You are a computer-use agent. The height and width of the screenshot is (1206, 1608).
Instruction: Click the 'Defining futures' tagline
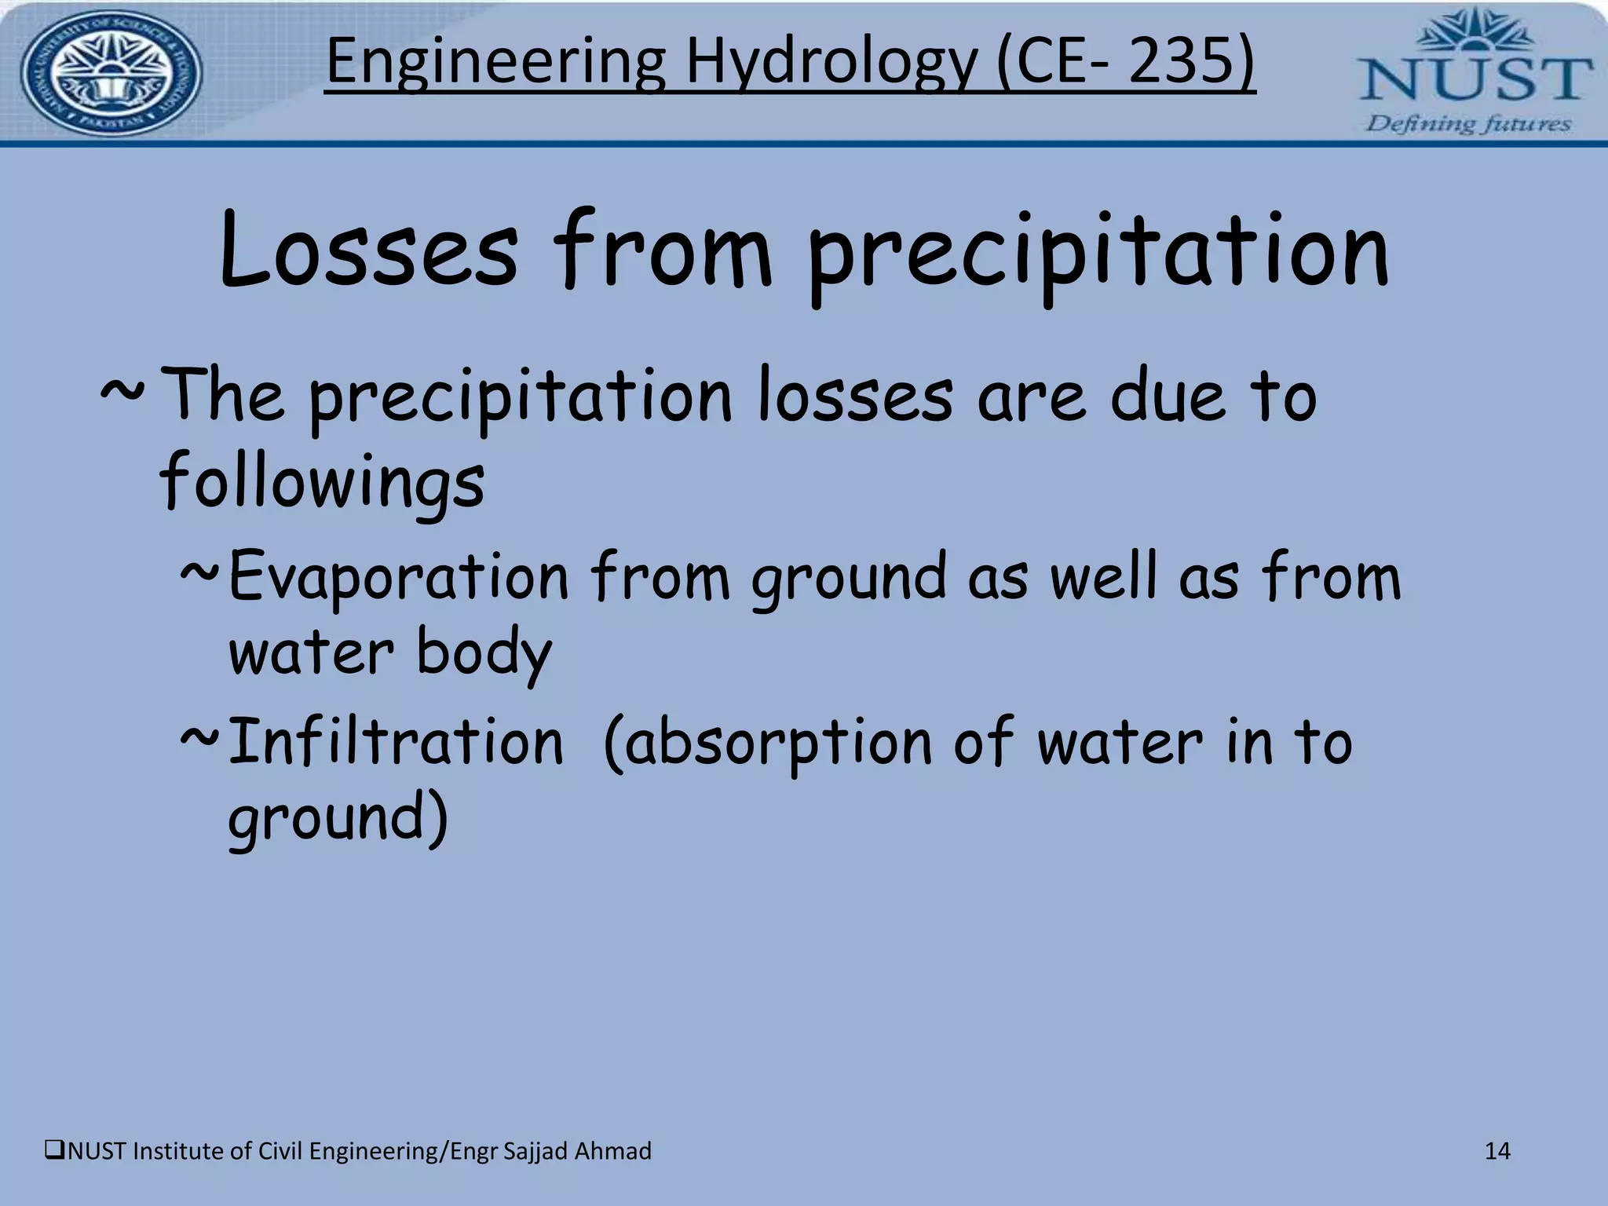[x=1469, y=124]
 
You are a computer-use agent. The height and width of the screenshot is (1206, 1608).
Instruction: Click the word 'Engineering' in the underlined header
[x=495, y=63]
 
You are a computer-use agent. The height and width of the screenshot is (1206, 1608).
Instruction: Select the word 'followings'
[x=322, y=481]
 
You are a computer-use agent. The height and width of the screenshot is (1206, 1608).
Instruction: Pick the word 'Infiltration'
[x=396, y=741]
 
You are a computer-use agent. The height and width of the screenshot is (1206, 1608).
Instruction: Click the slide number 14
[x=1497, y=1151]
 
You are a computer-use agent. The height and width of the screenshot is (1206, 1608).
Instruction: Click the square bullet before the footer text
[x=55, y=1151]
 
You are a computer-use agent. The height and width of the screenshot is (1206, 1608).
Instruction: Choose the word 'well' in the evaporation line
[x=1103, y=577]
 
